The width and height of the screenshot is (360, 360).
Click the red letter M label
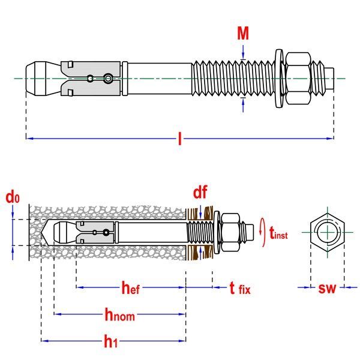(242, 33)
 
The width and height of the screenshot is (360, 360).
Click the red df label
(200, 192)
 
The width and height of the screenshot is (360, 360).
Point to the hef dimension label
(130, 289)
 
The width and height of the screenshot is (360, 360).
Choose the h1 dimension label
(110, 341)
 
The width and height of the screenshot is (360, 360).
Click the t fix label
(239, 289)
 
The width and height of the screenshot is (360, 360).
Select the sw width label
(327, 289)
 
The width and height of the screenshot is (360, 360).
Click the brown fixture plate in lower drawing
(207, 231)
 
